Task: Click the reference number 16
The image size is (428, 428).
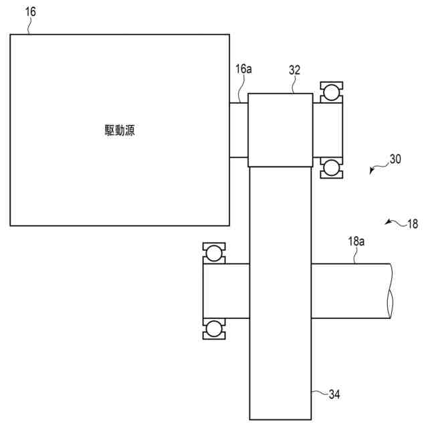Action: tap(31, 11)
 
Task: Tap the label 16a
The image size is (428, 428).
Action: tap(243, 68)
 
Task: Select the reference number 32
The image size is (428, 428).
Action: tap(295, 69)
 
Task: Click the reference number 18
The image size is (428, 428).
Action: tap(412, 225)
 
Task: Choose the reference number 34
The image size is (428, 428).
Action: tap(334, 395)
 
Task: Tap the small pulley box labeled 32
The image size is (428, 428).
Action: tap(280, 130)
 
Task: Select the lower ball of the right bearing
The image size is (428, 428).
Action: tap(330, 168)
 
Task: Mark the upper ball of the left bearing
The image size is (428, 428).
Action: tap(213, 252)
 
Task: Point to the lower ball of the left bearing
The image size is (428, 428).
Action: tap(213, 328)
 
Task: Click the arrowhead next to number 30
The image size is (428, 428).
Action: tap(372, 171)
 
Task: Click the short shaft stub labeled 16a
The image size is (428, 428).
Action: tap(238, 130)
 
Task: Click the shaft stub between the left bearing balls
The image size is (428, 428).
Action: tap(226, 290)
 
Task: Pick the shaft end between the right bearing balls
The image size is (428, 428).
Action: tap(327, 130)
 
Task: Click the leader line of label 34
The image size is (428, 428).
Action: tap(319, 392)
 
